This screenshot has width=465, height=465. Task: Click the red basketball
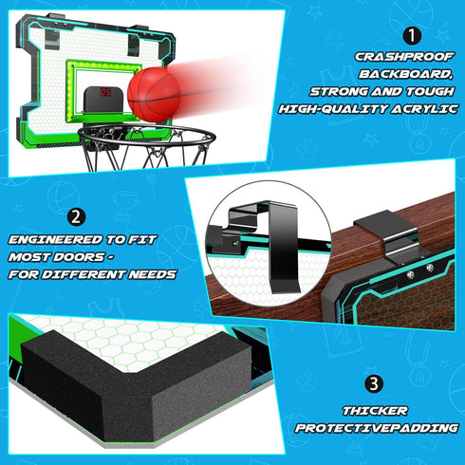[x=155, y=95]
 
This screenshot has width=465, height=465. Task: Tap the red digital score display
[x=105, y=92]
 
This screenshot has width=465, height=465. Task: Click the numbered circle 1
[x=412, y=36]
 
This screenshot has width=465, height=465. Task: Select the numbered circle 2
[x=76, y=217]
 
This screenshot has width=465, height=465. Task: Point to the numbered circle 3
[x=374, y=384]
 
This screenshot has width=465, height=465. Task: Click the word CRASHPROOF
[x=404, y=57]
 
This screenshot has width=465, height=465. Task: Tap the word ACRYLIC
[x=424, y=109]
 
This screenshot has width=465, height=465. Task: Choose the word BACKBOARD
[x=405, y=74]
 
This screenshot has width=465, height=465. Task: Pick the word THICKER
[x=375, y=411]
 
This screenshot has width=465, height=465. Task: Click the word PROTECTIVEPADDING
[x=377, y=428]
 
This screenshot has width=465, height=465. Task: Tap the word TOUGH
[x=430, y=92]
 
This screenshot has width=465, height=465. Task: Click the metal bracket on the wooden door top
[x=387, y=235]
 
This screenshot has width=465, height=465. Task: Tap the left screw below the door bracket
[x=410, y=275]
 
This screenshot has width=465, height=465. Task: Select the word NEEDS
[x=152, y=274]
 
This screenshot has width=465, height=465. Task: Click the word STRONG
[x=339, y=92]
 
